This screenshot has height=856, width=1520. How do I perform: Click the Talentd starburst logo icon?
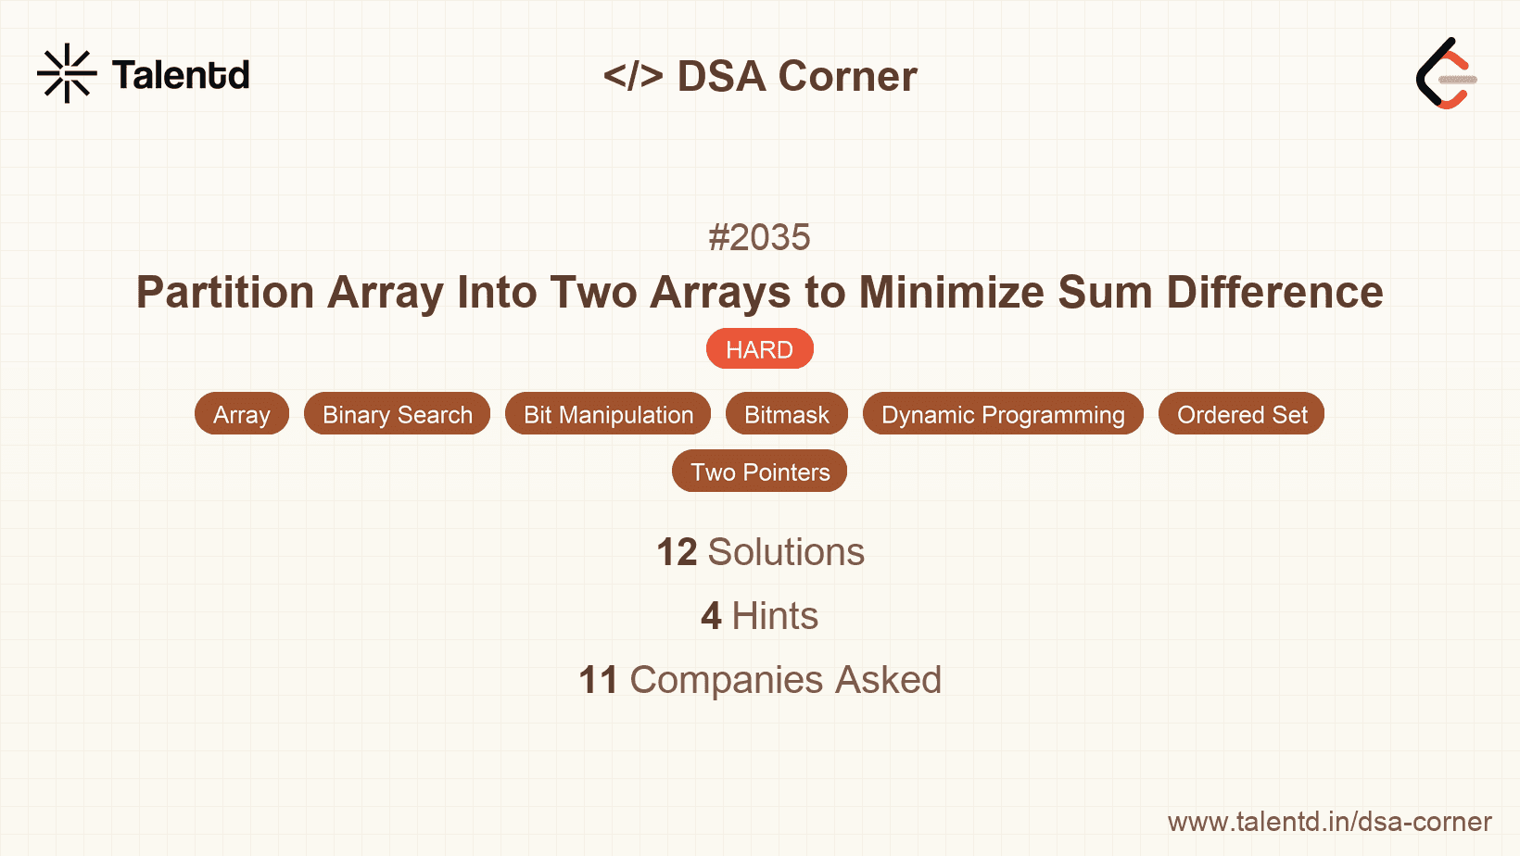pyautogui.click(x=67, y=73)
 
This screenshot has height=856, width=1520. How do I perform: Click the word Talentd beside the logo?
pyautogui.click(x=181, y=75)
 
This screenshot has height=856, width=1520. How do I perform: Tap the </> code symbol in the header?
pyautogui.click(x=633, y=76)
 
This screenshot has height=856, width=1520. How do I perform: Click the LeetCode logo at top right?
pyautogui.click(x=1446, y=74)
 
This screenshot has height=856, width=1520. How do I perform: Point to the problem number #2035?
pyautogui.click(x=759, y=237)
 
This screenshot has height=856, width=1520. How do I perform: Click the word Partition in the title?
pyautogui.click(x=225, y=293)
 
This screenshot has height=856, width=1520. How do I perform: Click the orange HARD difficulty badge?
pyautogui.click(x=759, y=349)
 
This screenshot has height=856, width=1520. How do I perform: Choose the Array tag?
pyautogui.click(x=241, y=414)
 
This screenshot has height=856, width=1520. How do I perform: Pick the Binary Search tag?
pyautogui.click(x=397, y=414)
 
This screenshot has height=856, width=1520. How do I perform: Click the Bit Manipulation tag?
pyautogui.click(x=608, y=414)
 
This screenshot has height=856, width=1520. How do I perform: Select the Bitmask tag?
pyautogui.click(x=786, y=414)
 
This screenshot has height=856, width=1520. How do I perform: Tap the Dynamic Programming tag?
pyautogui.click(x=1003, y=414)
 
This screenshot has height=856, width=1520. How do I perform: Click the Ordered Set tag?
pyautogui.click(x=1241, y=414)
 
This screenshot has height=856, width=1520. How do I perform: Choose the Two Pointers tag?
pyautogui.click(x=759, y=472)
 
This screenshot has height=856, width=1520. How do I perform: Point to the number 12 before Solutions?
pyautogui.click(x=677, y=552)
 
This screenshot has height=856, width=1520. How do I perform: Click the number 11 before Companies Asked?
pyautogui.click(x=598, y=680)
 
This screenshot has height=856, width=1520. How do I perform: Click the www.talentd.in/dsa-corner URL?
pyautogui.click(x=1329, y=822)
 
